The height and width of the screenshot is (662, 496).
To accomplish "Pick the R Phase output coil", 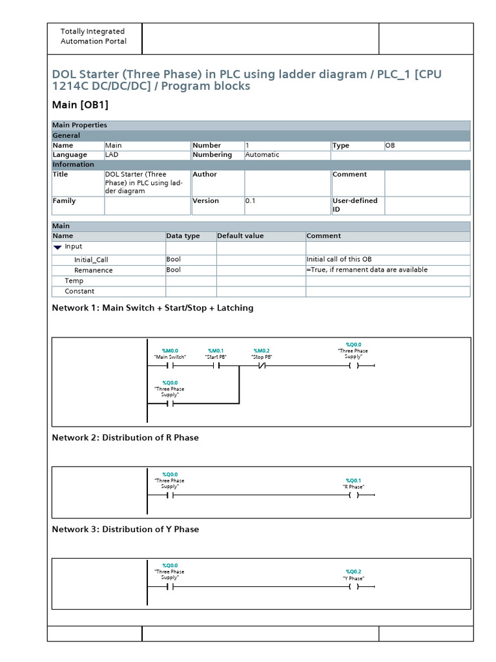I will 353,496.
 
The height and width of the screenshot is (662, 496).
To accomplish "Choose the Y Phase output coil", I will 353,588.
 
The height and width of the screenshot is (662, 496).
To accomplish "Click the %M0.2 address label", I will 262,350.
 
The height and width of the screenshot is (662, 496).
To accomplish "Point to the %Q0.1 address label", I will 353,480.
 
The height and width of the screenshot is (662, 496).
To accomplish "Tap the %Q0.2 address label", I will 353,572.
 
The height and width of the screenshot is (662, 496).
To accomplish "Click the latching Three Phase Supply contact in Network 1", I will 170,404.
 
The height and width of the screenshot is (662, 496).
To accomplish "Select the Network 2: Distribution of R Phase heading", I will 125,438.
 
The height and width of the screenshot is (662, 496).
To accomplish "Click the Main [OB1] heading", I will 80,105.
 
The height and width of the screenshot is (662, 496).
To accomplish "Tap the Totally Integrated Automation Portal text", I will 93,36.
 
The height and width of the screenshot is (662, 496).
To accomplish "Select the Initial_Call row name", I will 91,260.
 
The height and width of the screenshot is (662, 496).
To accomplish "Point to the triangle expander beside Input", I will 57,247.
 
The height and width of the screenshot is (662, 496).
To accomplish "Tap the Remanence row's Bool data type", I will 173,270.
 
